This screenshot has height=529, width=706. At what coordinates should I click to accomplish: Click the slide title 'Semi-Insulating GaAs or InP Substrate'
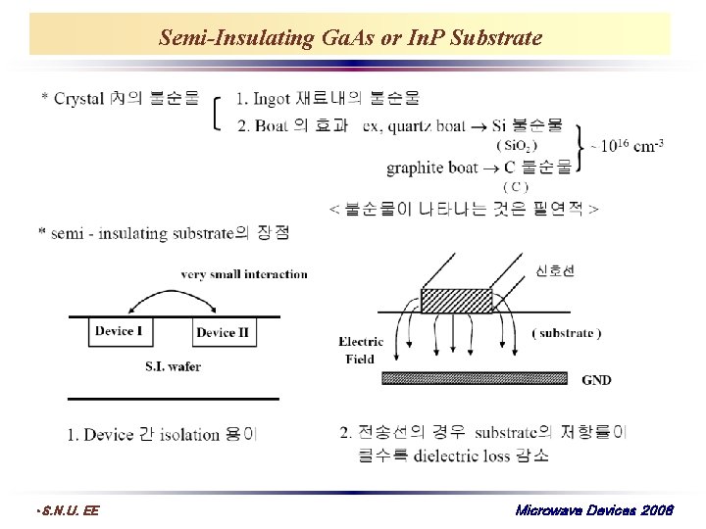point(350,38)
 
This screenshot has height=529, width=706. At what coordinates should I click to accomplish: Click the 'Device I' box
point(119,331)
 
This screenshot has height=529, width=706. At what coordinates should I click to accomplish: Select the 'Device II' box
point(223,333)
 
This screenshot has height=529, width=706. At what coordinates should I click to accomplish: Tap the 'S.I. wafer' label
point(173,366)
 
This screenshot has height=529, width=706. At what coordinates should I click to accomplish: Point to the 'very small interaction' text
point(244,274)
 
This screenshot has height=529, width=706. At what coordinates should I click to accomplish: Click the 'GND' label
point(596,380)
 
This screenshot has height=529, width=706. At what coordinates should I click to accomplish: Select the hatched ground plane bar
point(474,378)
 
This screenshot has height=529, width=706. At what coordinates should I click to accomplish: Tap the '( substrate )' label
point(566,333)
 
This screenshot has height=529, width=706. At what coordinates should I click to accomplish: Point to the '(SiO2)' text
point(517,145)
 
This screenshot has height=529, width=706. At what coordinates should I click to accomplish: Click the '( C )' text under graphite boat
point(515,186)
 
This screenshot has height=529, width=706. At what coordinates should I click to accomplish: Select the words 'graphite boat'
point(431,168)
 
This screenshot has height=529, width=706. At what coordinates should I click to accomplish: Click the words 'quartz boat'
point(427,125)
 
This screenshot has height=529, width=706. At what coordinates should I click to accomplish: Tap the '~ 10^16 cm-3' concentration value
point(628,146)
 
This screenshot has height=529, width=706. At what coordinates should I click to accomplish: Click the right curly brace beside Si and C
point(580,146)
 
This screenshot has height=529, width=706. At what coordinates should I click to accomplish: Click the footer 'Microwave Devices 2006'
point(592,510)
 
